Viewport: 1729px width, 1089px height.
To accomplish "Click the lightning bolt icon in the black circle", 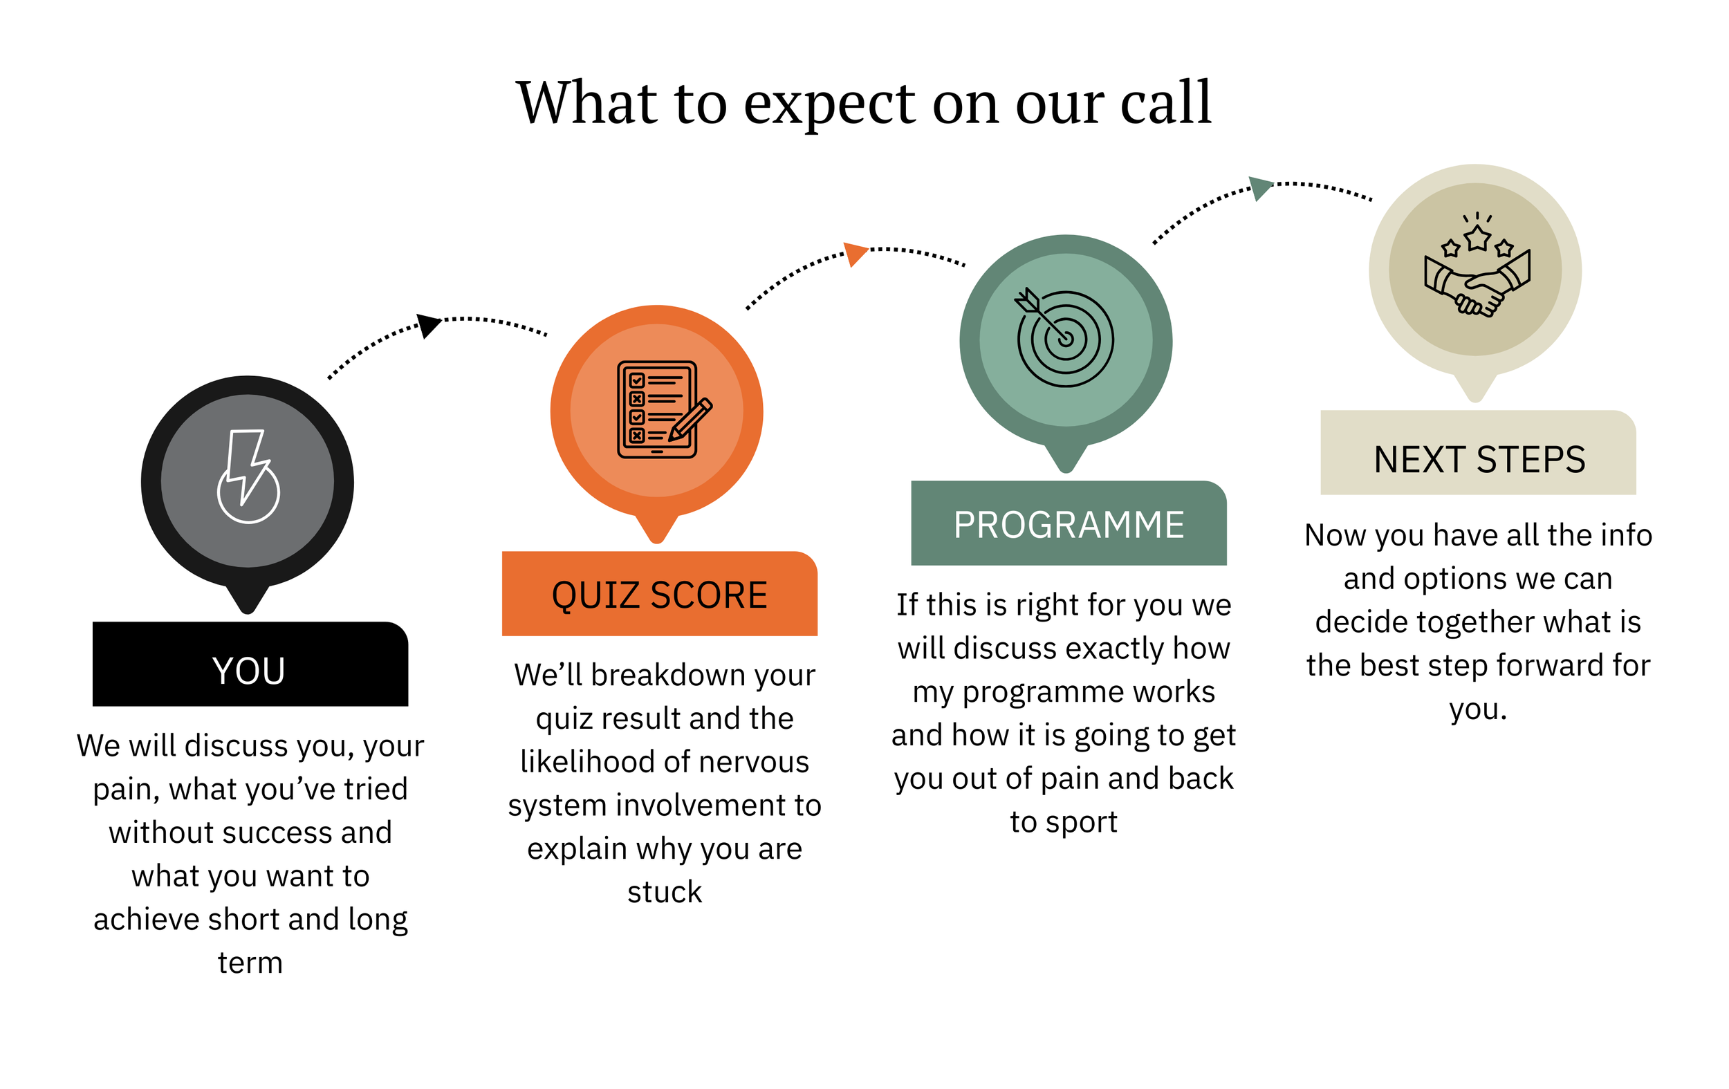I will coord(248,476).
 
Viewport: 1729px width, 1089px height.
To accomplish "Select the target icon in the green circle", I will coord(1066,338).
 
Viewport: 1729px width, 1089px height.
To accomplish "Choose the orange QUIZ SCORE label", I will coord(659,595).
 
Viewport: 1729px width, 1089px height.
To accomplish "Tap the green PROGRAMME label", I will coord(1069,524).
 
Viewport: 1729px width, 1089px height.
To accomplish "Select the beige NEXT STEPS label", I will coord(1479,459).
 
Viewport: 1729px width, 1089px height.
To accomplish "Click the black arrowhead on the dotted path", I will coord(428,324).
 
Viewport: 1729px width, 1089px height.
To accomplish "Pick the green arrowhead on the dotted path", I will coord(1260,187).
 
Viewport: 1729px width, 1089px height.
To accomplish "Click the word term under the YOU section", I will coord(250,962).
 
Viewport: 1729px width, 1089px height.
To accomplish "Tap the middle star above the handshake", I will coord(1478,239).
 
